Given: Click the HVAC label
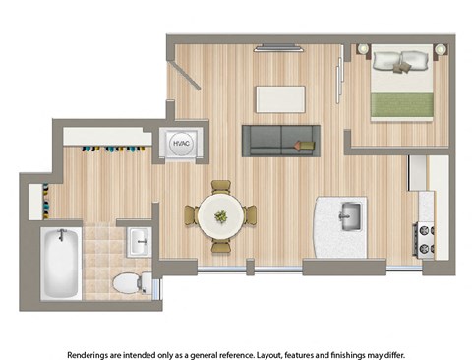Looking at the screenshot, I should [182, 143].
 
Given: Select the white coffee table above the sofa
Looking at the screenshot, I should [280, 97].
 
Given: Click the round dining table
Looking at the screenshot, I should [220, 214].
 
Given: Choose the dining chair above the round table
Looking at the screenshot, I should [220, 188].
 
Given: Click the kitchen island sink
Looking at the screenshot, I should [347, 213].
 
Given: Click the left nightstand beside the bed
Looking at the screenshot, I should [363, 49].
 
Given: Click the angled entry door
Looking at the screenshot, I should [185, 75].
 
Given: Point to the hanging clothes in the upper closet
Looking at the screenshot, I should [109, 150].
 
